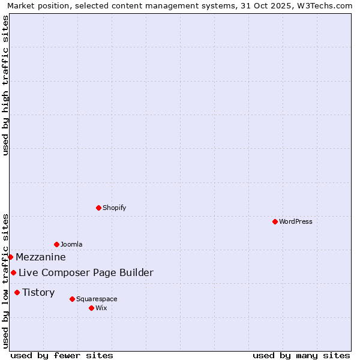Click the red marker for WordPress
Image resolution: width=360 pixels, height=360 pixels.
[275, 221]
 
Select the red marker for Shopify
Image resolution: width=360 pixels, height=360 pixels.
[98, 208]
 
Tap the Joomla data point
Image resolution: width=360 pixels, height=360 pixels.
[56, 244]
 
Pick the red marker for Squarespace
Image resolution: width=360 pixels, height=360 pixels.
[72, 299]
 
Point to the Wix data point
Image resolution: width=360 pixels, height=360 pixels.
[91, 308]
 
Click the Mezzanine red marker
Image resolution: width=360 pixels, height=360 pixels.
[10, 257]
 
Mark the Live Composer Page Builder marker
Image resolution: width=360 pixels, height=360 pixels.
[13, 272]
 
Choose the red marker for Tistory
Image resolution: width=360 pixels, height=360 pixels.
[17, 292]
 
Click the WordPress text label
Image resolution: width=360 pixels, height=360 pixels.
[296, 221]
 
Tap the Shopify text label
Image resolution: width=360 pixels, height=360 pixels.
[115, 208]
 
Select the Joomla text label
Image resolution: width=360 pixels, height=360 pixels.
[71, 244]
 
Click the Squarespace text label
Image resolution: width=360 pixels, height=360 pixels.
[97, 299]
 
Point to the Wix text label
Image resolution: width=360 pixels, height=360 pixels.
[101, 308]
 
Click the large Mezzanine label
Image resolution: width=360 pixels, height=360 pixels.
[41, 257]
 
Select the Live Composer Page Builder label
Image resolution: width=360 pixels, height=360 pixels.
[86, 273]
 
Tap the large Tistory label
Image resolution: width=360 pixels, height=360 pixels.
[38, 292]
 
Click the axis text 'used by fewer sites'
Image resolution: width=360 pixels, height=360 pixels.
[62, 355]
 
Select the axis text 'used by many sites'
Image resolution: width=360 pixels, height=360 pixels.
[301, 355]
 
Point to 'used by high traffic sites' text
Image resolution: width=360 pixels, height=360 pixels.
[5, 85]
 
